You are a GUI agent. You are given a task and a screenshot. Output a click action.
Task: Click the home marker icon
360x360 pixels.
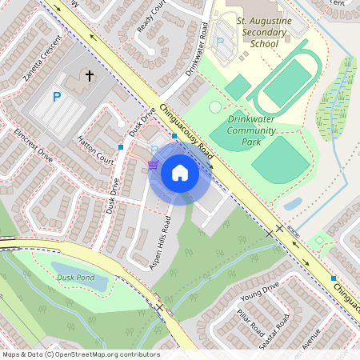pyautogui.click(x=179, y=171)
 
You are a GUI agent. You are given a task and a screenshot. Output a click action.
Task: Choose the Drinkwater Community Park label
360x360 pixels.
pyautogui.click(x=258, y=130)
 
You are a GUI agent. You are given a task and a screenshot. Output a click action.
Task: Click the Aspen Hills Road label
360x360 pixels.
pyautogui.click(x=159, y=242)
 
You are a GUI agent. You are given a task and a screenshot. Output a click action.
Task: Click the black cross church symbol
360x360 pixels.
pyautogui.click(x=90, y=77)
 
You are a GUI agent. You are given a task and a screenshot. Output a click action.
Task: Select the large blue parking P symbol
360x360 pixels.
pyautogui.click(x=56, y=97)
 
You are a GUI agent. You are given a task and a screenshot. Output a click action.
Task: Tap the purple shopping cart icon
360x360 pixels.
pyautogui.click(x=152, y=165)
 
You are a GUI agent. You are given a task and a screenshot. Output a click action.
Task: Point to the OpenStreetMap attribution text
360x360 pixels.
pyautogui.click(x=81, y=354)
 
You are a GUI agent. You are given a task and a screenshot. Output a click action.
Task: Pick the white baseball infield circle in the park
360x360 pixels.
pyautogui.click(x=214, y=106)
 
